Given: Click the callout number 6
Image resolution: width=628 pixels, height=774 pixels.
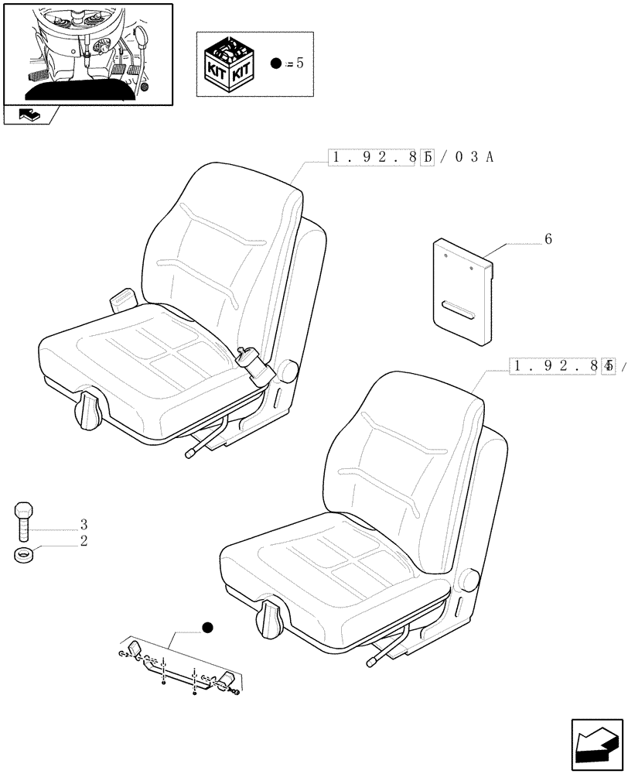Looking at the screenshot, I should [x=548, y=239].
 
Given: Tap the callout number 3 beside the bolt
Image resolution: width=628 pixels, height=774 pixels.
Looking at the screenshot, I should [x=83, y=524].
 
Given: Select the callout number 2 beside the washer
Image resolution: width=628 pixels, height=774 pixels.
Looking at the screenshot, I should [x=83, y=541].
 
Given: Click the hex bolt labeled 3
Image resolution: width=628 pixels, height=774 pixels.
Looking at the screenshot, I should [x=24, y=520].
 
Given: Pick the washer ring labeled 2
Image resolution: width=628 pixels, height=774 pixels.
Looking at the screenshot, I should [x=24, y=554].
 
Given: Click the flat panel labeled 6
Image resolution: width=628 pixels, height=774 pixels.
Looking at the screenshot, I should [x=462, y=290].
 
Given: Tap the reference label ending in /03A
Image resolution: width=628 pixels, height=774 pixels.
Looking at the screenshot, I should [x=411, y=158].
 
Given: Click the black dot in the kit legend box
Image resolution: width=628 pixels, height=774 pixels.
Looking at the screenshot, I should [x=276, y=63].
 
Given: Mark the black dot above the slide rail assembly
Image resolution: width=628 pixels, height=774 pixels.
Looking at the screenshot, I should [x=206, y=627].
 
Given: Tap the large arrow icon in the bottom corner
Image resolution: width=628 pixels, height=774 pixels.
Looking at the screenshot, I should [x=596, y=744].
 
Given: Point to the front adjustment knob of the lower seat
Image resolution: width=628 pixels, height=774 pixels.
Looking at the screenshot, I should [x=272, y=619].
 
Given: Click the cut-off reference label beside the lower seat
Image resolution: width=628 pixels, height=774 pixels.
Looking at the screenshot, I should [x=565, y=366].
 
